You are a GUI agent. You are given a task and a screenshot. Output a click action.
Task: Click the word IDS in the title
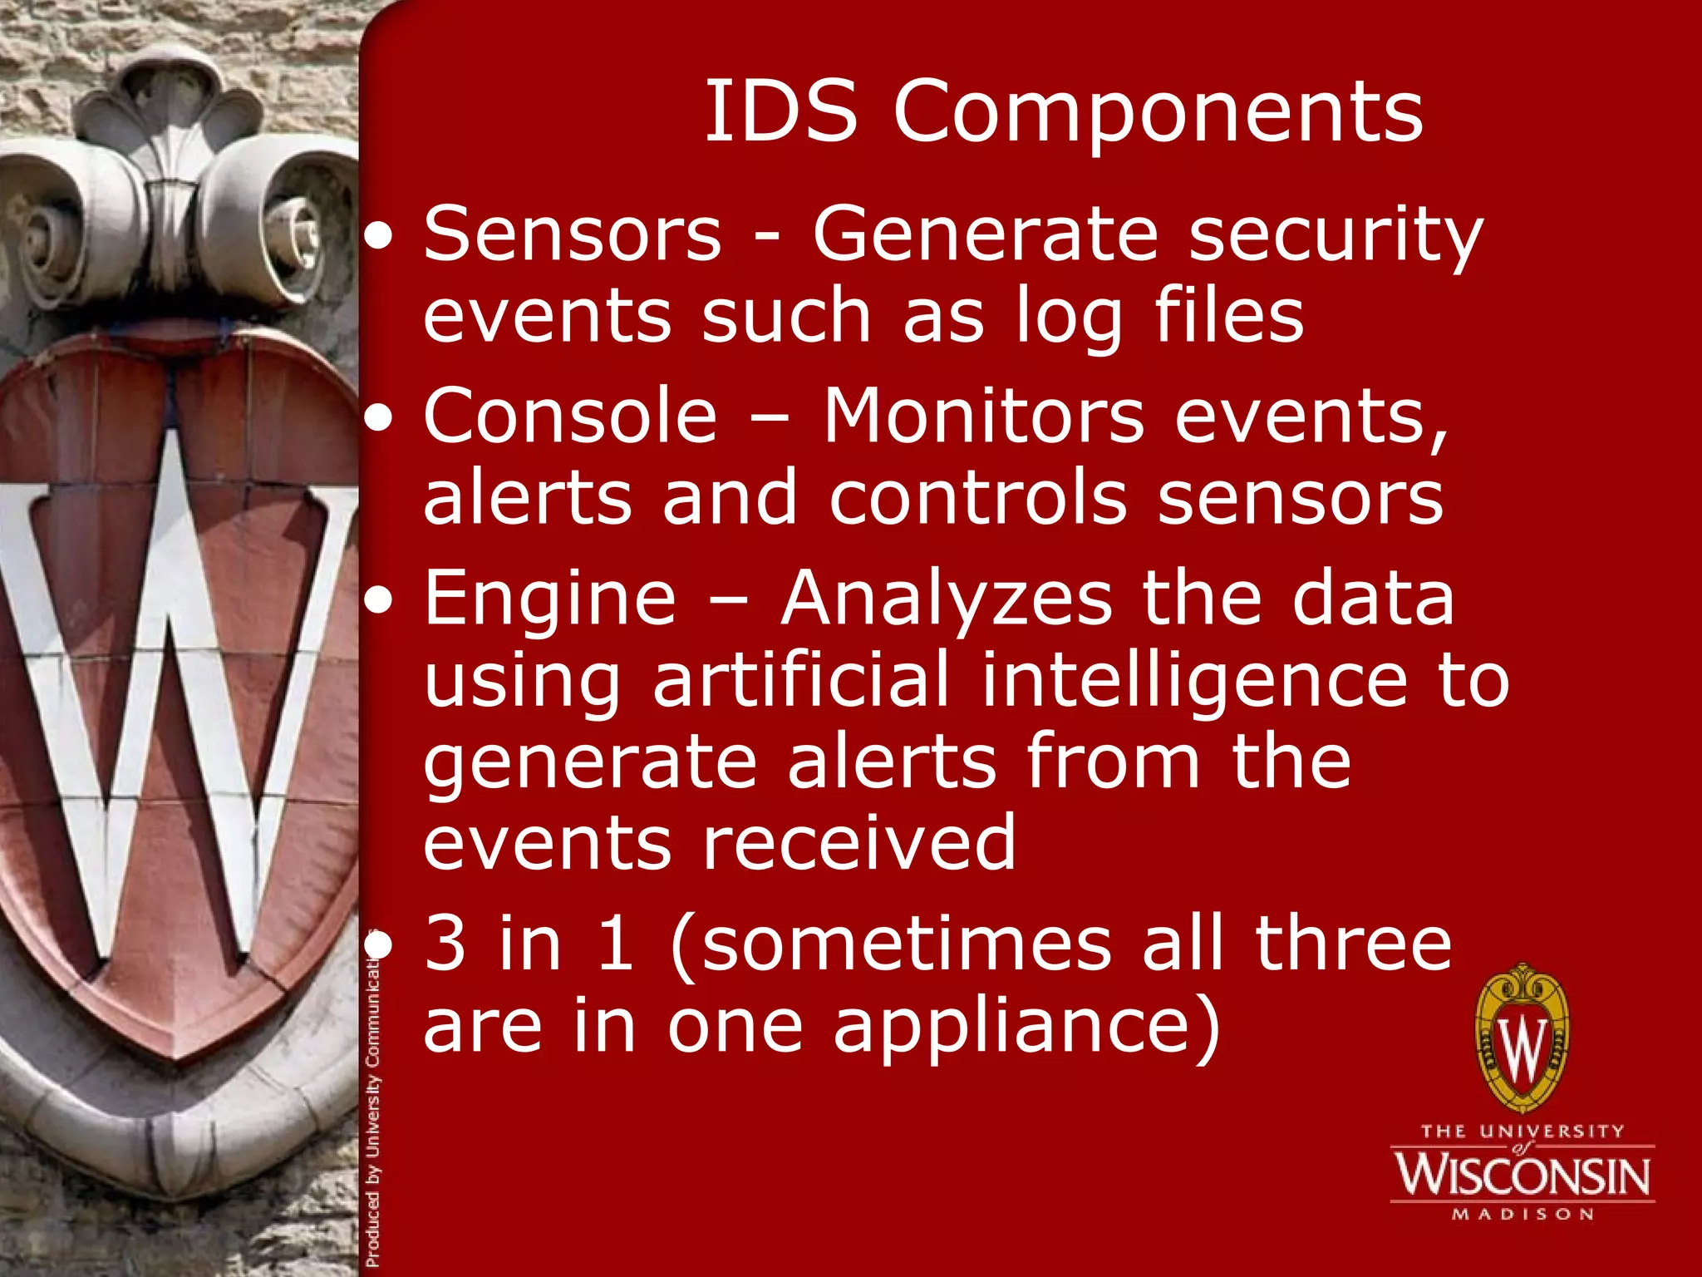pos(780,112)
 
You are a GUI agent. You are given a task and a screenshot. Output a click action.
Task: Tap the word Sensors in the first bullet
pos(573,235)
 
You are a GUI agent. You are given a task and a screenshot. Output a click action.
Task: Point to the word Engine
pos(550,600)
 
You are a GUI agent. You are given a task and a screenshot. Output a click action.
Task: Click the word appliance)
pos(1027,1029)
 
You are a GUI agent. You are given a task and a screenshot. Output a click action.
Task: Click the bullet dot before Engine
pos(380,601)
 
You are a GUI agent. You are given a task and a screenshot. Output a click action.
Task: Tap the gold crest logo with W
pos(1522,1038)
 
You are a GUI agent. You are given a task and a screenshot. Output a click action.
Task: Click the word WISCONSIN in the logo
pos(1522,1174)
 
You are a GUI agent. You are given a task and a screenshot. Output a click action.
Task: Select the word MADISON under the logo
pos(1522,1215)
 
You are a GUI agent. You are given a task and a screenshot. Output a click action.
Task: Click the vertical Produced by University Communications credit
pos(373,1106)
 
